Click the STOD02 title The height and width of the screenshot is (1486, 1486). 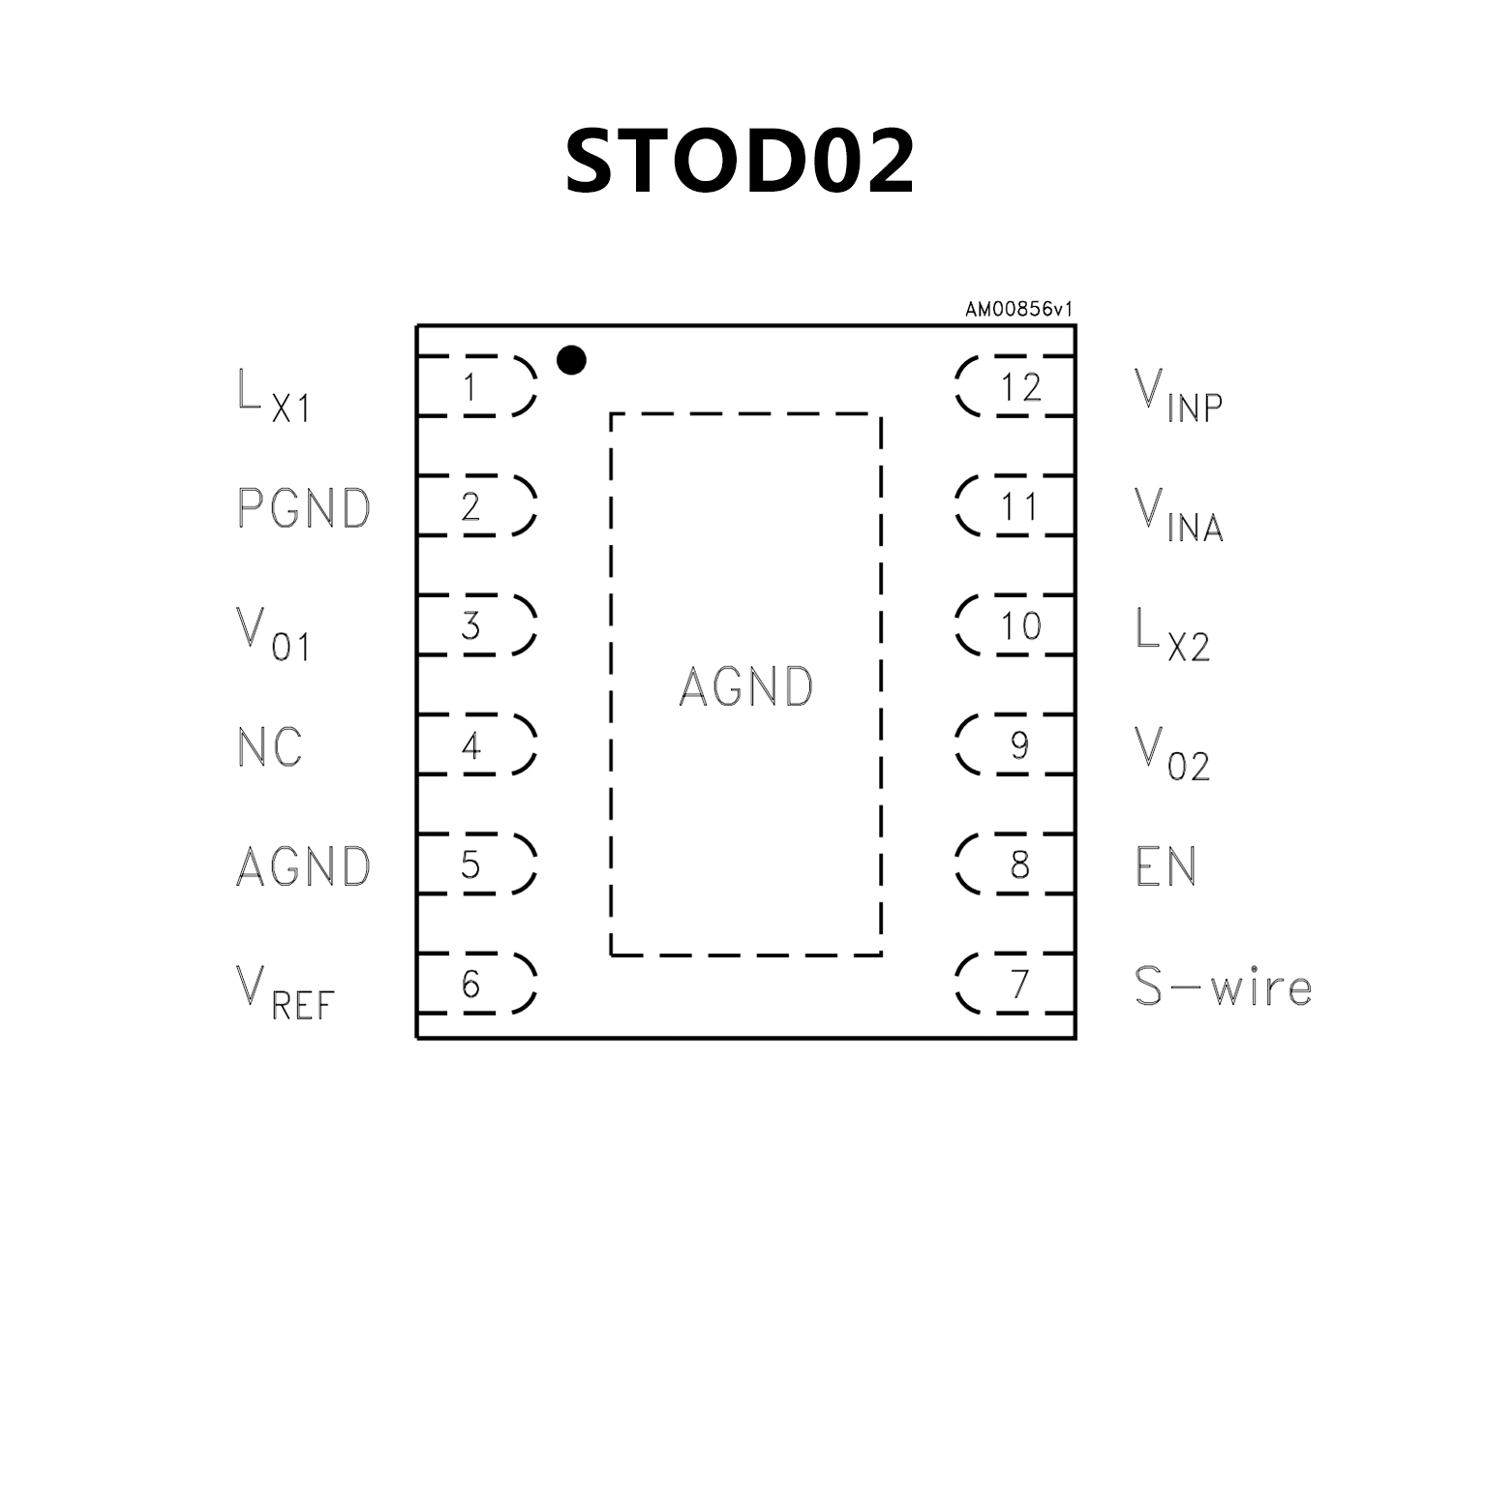coord(741,161)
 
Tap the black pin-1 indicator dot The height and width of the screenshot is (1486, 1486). coord(571,360)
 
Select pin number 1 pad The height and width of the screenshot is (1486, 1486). coord(474,387)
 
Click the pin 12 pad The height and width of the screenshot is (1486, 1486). coord(1016,387)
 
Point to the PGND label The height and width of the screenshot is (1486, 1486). coord(304,507)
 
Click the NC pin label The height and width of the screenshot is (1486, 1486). coord(270,746)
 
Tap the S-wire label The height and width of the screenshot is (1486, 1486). coord(1223,986)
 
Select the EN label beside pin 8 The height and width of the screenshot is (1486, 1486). coord(1166,866)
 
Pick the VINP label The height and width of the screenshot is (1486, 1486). coord(1178,395)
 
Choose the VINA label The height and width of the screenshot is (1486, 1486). coord(1178,514)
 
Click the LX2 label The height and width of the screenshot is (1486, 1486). coord(1172,634)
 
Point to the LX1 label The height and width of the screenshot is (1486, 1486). coord(273,395)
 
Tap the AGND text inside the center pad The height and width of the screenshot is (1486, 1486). coord(746,686)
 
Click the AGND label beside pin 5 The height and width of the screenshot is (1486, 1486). coord(304,866)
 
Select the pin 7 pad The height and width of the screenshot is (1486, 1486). coord(1016,985)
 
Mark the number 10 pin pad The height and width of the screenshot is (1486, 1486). coord(1016,626)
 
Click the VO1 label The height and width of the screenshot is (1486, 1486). coord(273,634)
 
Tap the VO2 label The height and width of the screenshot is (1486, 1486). coord(1172,753)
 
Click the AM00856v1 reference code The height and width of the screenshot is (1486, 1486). coord(1018,310)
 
